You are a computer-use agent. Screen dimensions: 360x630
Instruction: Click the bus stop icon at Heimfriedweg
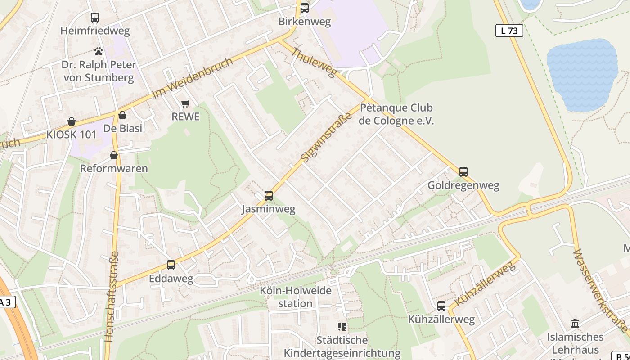pos(94,18)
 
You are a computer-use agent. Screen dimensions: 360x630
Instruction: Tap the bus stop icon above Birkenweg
pos(305,8)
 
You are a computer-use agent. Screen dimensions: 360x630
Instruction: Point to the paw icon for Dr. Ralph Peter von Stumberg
pos(99,51)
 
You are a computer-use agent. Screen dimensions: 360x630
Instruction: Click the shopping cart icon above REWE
pos(185,104)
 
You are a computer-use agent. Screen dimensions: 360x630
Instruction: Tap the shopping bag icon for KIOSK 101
pos(71,121)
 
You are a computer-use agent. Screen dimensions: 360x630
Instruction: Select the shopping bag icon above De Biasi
pos(122,115)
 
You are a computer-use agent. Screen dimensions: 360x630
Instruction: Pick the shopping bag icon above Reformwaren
pos(114,155)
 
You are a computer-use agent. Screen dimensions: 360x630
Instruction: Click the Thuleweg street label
pos(314,63)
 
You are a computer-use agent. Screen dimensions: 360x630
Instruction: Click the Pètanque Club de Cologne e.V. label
pos(396,114)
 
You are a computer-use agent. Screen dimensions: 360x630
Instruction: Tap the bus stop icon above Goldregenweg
pos(463,171)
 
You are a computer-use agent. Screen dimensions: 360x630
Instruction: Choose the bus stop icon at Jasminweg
pos(269,195)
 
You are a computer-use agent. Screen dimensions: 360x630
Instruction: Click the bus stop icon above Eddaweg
pos(171,265)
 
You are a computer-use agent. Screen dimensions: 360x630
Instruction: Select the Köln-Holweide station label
pos(295,297)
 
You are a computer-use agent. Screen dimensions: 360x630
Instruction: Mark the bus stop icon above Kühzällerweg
pos(441,306)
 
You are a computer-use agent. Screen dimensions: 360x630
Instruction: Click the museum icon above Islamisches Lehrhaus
pos(575,323)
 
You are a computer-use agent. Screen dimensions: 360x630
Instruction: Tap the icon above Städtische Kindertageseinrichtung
pos(342,326)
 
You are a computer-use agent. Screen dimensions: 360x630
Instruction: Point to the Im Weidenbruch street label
pos(193,78)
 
